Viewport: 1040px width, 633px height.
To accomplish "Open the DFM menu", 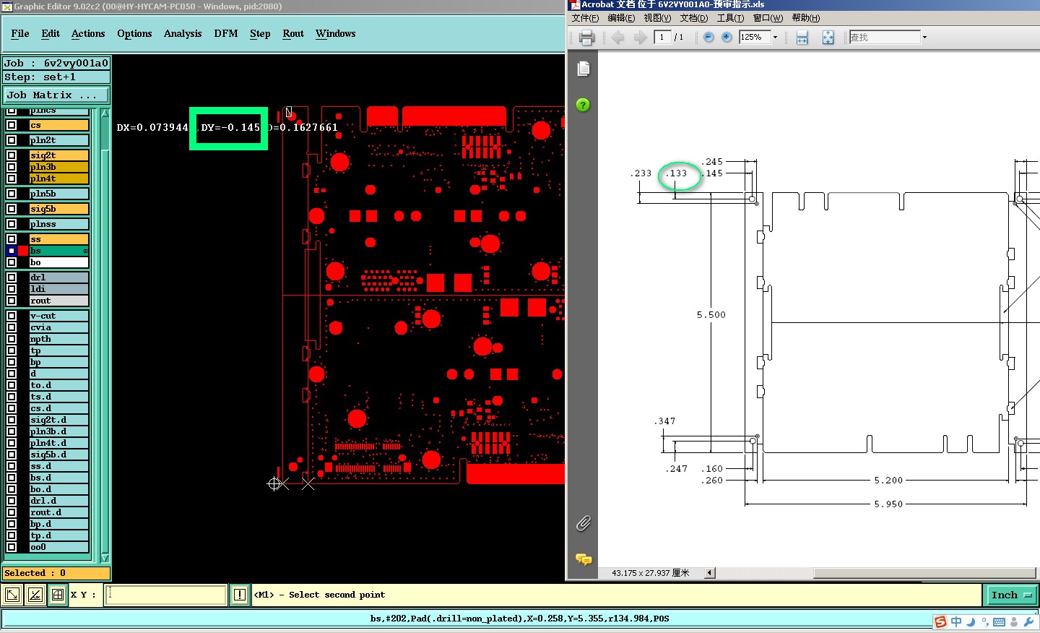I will point(225,33).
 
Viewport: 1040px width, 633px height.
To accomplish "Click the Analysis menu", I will point(182,33).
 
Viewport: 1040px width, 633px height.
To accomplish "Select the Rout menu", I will point(293,33).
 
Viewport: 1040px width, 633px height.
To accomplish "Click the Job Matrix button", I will point(56,95).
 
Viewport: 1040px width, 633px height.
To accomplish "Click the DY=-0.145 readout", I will point(230,128).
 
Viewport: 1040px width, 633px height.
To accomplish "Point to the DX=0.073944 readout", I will point(152,128).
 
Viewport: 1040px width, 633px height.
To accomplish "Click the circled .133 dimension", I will point(677,173).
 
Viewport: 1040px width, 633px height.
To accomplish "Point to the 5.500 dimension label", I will point(711,315).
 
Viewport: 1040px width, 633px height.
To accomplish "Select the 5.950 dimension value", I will point(888,504).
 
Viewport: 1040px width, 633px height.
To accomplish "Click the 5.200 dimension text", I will point(888,481).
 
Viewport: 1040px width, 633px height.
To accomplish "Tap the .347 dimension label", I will point(665,421).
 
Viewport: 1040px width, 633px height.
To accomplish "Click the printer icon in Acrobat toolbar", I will point(586,38).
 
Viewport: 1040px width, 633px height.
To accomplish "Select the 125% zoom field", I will point(754,37).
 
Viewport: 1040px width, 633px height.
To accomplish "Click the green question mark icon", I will point(583,105).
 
